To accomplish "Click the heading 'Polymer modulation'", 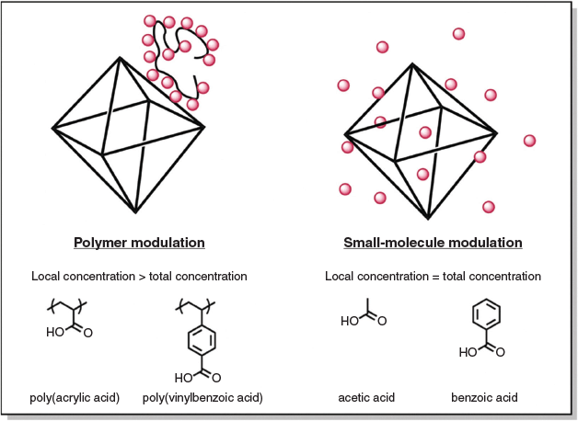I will [x=139, y=244].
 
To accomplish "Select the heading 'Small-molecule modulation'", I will [x=433, y=244].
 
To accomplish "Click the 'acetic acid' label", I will [x=367, y=398].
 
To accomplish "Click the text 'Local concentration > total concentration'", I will [x=139, y=276].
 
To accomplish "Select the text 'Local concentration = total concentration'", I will [x=433, y=276].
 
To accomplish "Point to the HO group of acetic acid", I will [x=350, y=322].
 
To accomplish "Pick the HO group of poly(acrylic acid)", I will [x=56, y=333].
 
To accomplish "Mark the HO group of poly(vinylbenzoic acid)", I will [x=186, y=377].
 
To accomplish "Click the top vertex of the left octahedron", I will [x=119, y=58].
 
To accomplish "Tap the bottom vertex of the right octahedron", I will [x=429, y=218].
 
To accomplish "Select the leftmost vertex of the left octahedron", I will [x=53, y=126].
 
